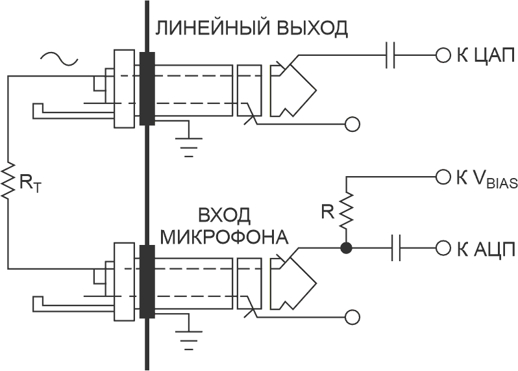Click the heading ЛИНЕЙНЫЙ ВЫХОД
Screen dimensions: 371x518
click(x=251, y=29)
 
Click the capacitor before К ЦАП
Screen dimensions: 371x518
click(x=390, y=56)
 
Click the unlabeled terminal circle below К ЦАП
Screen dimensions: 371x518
click(x=352, y=124)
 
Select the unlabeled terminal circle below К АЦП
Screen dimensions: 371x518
click(x=352, y=317)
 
